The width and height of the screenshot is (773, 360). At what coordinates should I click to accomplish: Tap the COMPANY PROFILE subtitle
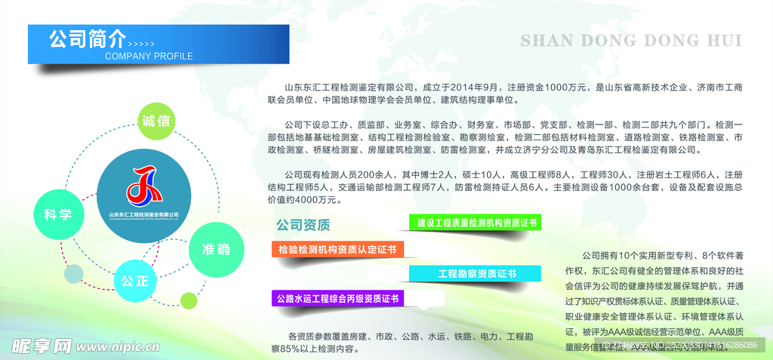(x=149, y=57)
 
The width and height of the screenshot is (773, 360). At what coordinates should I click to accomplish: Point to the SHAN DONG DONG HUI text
(x=631, y=40)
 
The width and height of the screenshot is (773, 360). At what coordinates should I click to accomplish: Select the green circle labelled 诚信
(x=156, y=121)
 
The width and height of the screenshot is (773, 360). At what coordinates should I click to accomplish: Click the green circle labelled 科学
(x=57, y=214)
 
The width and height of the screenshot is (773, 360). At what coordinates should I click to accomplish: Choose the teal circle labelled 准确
(x=216, y=250)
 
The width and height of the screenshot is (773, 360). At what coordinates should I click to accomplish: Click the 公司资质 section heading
(x=303, y=225)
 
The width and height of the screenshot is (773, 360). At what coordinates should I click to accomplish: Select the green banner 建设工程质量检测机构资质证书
(x=476, y=223)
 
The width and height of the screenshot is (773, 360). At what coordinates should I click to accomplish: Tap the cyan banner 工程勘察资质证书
(x=476, y=274)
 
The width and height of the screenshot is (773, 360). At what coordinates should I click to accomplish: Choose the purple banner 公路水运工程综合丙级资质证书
(x=337, y=298)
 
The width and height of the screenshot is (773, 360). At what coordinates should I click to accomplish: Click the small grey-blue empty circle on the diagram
(x=73, y=274)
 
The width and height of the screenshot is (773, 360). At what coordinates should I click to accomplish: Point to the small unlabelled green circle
(x=188, y=300)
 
